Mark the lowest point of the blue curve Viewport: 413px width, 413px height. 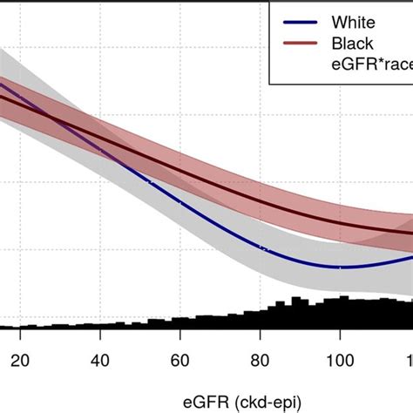click(342, 267)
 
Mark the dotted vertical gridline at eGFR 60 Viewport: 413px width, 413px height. click(179, 261)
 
